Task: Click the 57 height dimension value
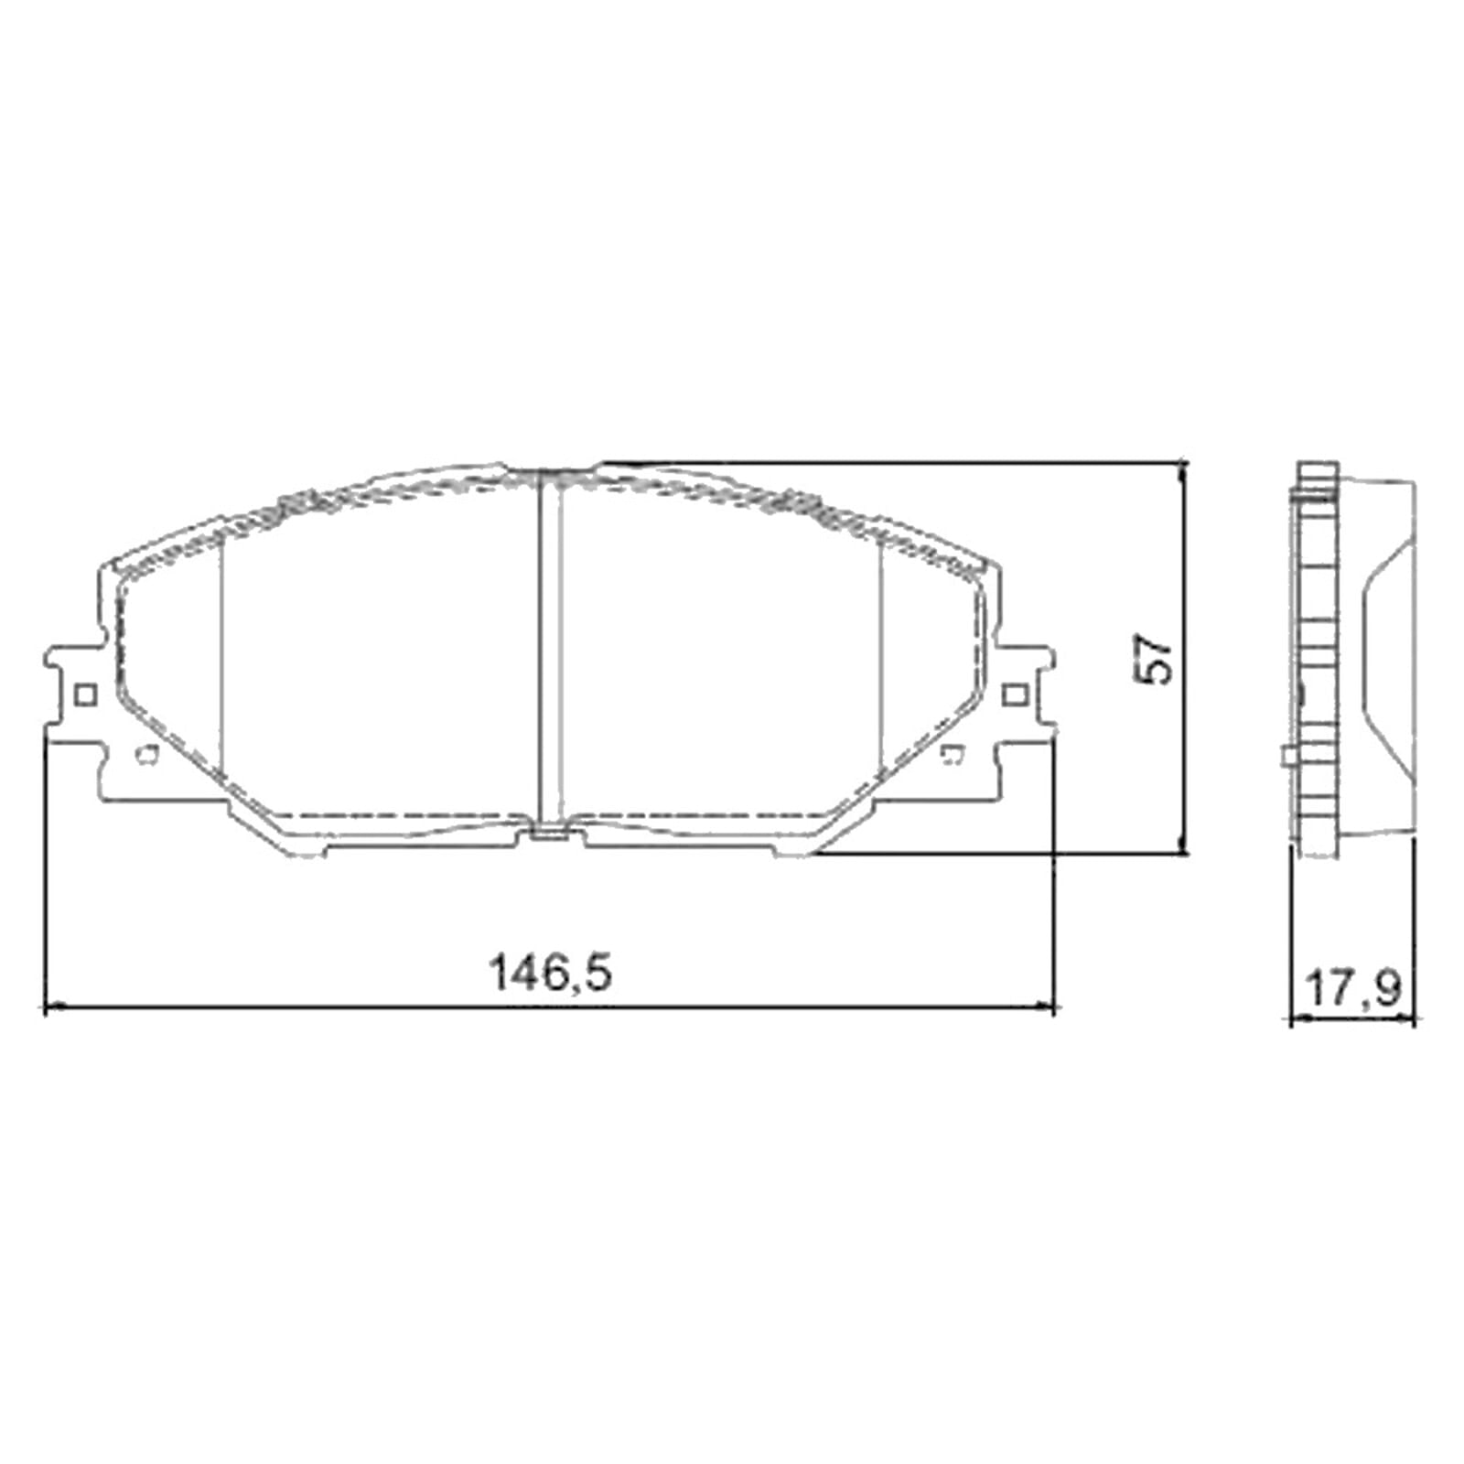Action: [x=1154, y=657]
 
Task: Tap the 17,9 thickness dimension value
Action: [x=1352, y=988]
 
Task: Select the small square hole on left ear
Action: [x=84, y=695]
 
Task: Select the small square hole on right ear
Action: [x=1014, y=695]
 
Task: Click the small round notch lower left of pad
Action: [x=145, y=755]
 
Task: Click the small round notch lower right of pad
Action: [x=953, y=755]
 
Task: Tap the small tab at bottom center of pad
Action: [x=549, y=833]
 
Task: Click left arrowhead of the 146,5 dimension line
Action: [x=51, y=1006]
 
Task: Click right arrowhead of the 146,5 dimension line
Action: [x=1048, y=1006]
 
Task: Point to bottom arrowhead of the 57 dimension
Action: [x=1184, y=848]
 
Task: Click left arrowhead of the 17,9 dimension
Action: [x=1296, y=1020]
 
